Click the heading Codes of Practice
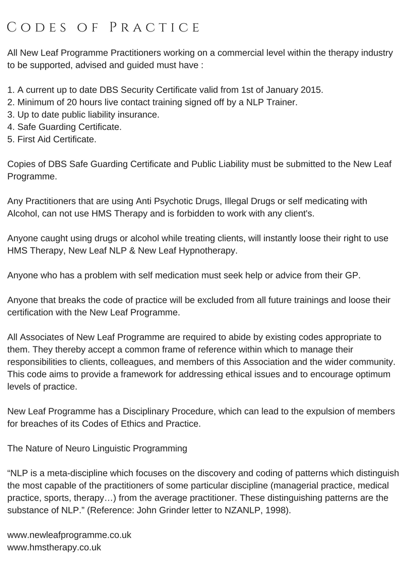104,27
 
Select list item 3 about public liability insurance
83,114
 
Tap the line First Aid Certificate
52,139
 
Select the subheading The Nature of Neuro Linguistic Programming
97,448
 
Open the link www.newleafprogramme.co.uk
70,535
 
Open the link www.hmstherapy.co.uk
54,547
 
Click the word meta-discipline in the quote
77,473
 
